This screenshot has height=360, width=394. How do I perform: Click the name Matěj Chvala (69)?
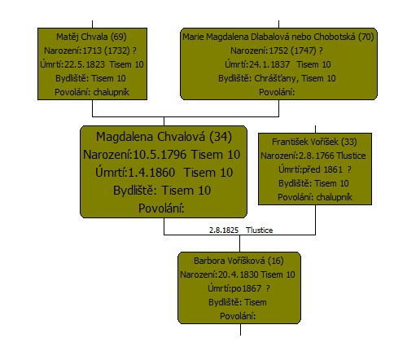point(91,37)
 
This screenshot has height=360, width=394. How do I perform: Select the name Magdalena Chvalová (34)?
point(164,137)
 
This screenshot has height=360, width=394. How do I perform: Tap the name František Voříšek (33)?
point(314,142)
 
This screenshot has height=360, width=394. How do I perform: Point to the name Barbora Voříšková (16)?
point(239,261)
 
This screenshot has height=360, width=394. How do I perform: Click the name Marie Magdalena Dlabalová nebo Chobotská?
point(269,37)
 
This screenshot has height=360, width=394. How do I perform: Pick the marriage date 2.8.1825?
point(224,230)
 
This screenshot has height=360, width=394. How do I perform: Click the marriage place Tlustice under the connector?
point(260,230)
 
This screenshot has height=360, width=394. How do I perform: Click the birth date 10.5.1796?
point(160,155)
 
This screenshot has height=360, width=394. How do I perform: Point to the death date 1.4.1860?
point(151,173)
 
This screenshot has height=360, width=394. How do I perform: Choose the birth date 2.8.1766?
point(317,156)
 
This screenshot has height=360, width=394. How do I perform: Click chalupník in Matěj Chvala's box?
point(111,92)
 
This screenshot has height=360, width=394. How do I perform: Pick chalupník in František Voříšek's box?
point(335,197)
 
